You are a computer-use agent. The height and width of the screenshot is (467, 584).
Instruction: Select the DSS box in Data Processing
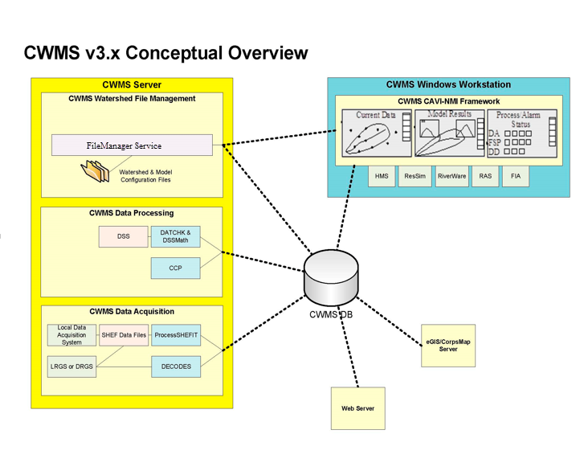pyautogui.click(x=124, y=236)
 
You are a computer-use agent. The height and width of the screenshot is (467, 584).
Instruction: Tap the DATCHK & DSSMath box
pyautogui.click(x=176, y=236)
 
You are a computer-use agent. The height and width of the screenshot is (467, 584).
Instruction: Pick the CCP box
pyautogui.click(x=176, y=268)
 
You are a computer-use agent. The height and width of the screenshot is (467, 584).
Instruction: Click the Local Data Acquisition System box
pyautogui.click(x=72, y=335)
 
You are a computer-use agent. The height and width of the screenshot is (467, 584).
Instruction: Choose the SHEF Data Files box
pyautogui.click(x=125, y=335)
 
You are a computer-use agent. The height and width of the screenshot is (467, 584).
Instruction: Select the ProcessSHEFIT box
pyautogui.click(x=176, y=335)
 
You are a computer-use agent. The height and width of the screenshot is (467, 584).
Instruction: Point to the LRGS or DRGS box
pyautogui.click(x=72, y=367)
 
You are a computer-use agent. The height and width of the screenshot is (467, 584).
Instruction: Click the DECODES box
pyautogui.click(x=176, y=367)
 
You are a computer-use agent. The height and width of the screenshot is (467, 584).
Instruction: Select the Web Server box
pyautogui.click(x=358, y=408)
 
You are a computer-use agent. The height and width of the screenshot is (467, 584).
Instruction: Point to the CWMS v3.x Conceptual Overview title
pyautogui.click(x=165, y=53)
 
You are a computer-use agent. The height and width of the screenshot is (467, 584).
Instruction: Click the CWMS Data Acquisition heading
pyautogui.click(x=132, y=312)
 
